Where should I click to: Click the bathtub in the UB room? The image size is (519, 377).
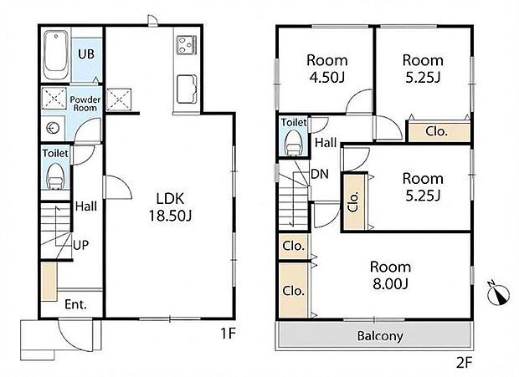tap(56, 54)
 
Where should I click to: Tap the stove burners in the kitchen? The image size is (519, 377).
tap(187, 44)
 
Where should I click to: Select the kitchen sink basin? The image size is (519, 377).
tap(187, 89)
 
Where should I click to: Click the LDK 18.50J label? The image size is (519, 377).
tap(171, 207)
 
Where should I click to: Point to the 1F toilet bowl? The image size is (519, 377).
tap(55, 176)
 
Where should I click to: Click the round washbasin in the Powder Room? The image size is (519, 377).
tap(52, 128)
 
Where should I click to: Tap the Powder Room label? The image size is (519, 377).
tap(85, 104)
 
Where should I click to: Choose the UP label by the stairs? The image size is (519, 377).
tap(81, 245)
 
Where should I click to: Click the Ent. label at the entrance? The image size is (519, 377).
tap(76, 304)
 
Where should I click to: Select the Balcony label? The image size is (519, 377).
tap(380, 336)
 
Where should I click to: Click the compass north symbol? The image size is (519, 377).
tap(498, 293)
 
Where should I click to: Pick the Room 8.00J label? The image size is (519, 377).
tap(391, 275)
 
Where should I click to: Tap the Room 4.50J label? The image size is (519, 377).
tap(327, 69)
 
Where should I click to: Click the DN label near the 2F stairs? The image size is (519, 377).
tap(320, 174)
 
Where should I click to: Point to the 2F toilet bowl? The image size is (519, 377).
tap(293, 142)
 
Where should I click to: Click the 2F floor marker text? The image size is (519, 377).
tap(464, 363)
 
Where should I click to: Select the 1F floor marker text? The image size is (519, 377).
tap(228, 334)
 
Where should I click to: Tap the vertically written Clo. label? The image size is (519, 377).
tap(353, 201)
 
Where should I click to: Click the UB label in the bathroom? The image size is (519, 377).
tap(86, 53)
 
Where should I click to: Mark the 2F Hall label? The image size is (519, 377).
tap(326, 143)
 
